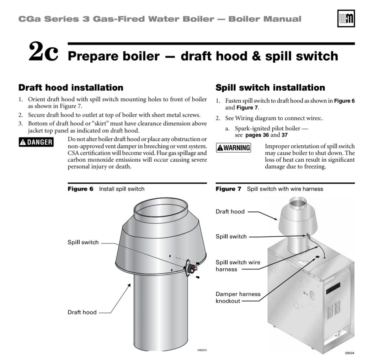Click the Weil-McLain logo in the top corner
click(346, 18)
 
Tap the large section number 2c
click(43, 52)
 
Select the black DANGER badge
click(36, 142)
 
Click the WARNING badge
click(233, 147)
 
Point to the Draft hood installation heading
click(71, 87)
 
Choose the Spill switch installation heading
click(270, 87)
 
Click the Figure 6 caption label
click(81, 189)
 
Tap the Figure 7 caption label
click(228, 189)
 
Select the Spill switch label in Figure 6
click(83, 242)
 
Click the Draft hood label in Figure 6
click(82, 312)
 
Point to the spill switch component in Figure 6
click(191, 268)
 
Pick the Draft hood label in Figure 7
click(230, 212)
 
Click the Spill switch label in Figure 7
click(231, 237)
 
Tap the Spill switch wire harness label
click(238, 266)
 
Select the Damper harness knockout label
click(238, 297)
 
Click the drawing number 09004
click(350, 353)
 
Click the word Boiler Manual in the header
click(265, 19)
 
